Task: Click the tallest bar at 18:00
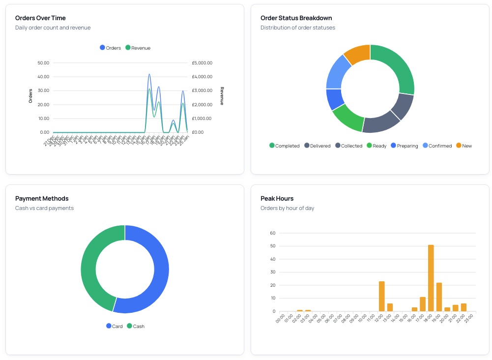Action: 431,278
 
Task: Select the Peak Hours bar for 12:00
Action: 381,296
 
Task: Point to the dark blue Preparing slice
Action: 334,99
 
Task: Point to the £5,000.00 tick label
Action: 202,63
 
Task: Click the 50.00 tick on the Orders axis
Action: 43,63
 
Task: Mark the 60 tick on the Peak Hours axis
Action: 272,233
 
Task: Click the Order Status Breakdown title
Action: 296,18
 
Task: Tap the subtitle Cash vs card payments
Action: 44,208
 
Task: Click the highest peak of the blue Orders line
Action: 149,74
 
